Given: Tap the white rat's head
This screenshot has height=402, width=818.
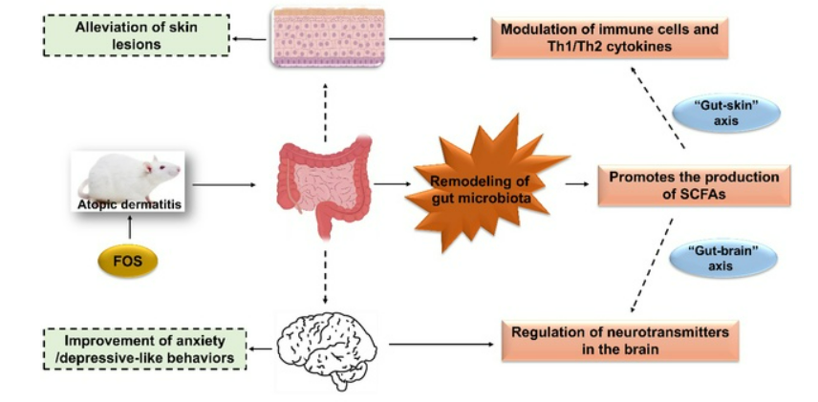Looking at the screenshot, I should click(163, 170).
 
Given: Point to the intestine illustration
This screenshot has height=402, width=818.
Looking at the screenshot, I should click(323, 184).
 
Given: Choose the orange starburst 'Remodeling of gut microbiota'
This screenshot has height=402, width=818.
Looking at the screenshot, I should click(484, 184).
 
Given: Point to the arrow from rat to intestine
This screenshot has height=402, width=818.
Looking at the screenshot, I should click(226, 183).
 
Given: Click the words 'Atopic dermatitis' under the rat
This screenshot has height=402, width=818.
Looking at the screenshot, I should click(128, 203).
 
